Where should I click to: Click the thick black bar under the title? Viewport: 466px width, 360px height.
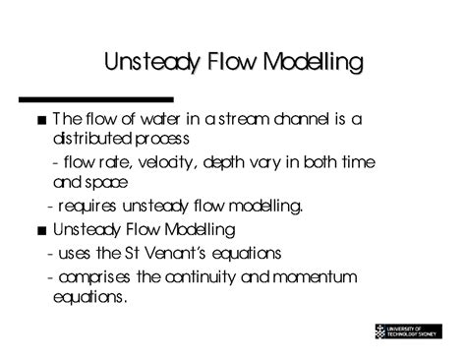pos(97,99)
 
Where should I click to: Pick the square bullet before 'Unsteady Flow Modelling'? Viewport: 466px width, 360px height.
pos(37,230)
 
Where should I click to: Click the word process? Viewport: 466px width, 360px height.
pos(165,140)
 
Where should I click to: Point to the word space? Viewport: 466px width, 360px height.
pos(111,183)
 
